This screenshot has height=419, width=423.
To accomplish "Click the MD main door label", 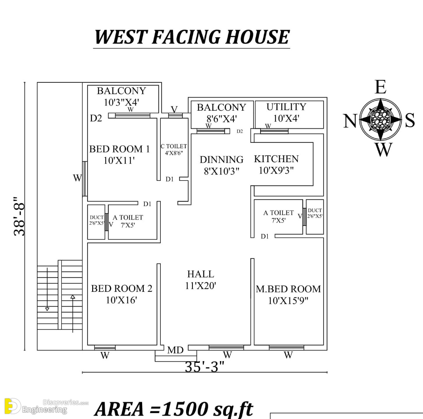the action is click(176, 350).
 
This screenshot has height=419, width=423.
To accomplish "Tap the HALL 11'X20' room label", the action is click(201, 280).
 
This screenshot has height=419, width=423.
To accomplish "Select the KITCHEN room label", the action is click(276, 159).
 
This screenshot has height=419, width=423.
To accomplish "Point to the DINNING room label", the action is click(222, 160).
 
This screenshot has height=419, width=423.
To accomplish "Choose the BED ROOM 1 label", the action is click(120, 149).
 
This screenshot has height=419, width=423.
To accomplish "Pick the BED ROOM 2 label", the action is click(122, 288).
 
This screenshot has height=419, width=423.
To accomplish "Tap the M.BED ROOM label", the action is click(288, 289).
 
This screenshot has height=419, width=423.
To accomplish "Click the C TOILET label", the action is click(174, 146).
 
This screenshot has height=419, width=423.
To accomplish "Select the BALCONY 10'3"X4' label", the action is click(121, 96).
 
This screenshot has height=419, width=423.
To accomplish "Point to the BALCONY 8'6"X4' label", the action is click(222, 113).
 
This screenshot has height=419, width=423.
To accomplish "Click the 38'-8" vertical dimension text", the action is click(19, 216).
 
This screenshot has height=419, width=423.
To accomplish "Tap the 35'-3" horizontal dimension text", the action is click(205, 367).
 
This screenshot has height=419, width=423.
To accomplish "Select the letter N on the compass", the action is click(350, 121).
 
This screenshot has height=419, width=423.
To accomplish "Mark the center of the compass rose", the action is click(380, 119).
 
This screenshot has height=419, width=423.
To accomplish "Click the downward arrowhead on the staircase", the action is click(47, 309).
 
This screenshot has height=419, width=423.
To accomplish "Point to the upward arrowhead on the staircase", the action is click(73, 297).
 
